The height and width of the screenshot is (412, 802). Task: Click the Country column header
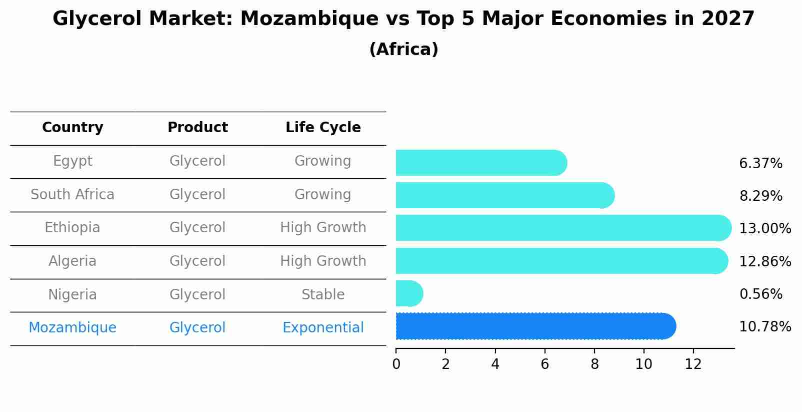72,128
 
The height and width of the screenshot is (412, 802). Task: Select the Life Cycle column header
323,128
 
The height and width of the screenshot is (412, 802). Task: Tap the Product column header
197,128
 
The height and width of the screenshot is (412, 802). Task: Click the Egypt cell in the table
72,161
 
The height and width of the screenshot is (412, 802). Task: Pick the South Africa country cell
72,194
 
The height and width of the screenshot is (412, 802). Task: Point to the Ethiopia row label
72,228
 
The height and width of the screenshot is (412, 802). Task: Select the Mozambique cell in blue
72,328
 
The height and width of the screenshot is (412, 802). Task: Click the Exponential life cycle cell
323,328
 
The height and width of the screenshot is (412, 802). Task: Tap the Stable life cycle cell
323,294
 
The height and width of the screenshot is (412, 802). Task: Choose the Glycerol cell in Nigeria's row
197,294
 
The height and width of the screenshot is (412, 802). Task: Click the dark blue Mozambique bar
535,326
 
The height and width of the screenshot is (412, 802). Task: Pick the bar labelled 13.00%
562,228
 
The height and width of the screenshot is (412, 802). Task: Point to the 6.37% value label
760,164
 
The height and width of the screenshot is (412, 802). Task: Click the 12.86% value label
765,261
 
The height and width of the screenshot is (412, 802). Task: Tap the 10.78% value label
765,327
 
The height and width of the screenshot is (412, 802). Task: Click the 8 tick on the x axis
594,364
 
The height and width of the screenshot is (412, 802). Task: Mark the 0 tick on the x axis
396,364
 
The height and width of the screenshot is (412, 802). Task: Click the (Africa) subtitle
403,50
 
